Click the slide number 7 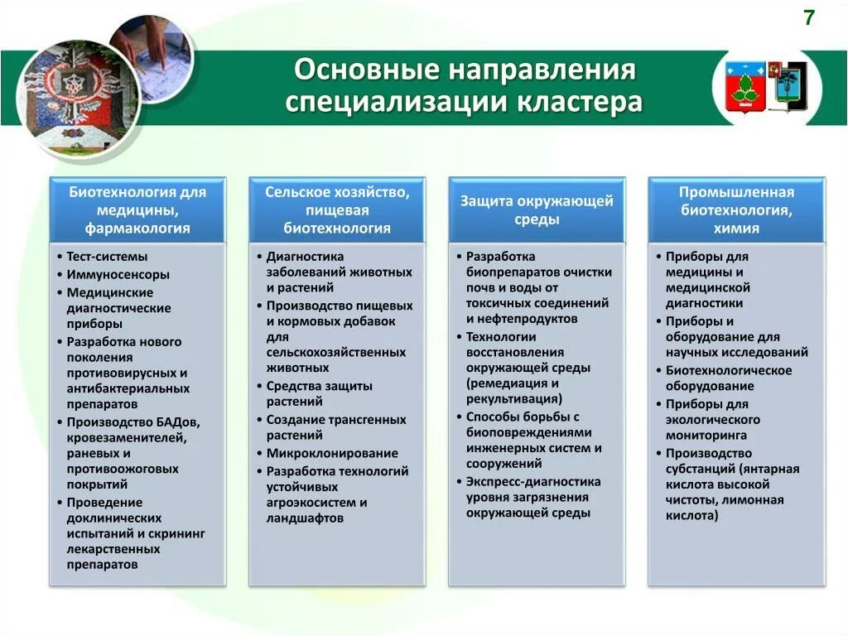[x=808, y=17]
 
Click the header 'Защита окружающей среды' [x=537, y=210]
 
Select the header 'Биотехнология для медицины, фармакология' [x=137, y=210]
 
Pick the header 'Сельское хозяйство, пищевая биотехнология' [x=337, y=210]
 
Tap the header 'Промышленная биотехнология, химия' [x=736, y=210]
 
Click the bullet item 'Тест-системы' [x=108, y=257]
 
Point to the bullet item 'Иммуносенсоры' [x=118, y=274]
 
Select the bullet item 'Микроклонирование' [x=332, y=453]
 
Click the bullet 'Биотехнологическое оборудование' [x=728, y=378]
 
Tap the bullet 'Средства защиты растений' [x=319, y=393]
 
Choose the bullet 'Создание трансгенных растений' [x=335, y=427]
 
